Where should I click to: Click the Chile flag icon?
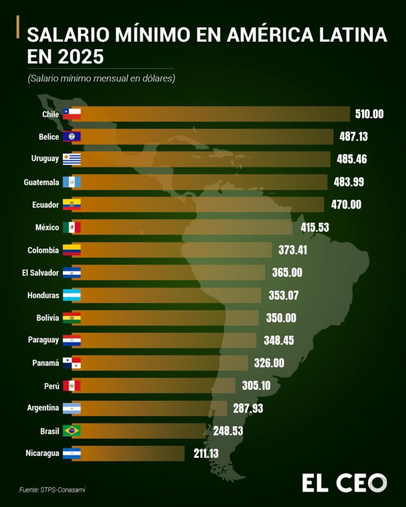(x=71, y=114)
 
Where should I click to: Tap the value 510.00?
(x=369, y=114)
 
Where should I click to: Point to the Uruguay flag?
(x=71, y=159)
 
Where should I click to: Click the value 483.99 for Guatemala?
(x=349, y=182)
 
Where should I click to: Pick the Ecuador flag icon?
(x=71, y=204)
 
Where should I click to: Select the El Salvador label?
(x=41, y=273)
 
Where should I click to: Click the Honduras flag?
(x=71, y=295)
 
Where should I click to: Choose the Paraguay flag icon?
(x=71, y=340)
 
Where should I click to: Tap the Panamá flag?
(x=71, y=363)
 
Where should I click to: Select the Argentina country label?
(x=43, y=408)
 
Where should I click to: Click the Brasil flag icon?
(x=71, y=431)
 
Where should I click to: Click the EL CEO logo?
(x=344, y=483)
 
